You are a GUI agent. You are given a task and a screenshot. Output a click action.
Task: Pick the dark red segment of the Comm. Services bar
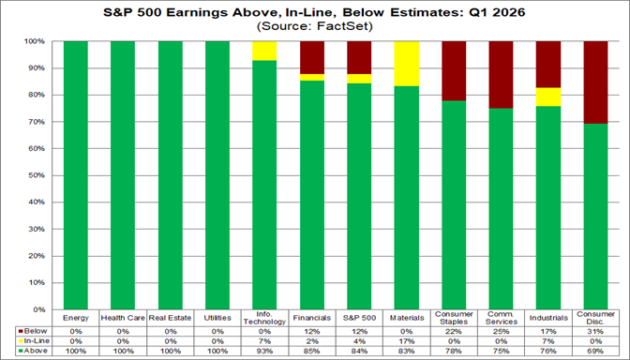point(502,75)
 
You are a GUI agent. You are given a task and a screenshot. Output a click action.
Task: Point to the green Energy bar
point(76,174)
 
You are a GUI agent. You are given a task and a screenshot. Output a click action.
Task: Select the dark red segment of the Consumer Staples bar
point(454,70)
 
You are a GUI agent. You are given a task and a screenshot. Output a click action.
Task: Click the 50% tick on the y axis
point(39,175)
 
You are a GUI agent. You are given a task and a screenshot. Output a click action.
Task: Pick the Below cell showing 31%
point(596,331)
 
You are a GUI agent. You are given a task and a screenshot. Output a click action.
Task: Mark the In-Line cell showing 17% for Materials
point(408,340)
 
